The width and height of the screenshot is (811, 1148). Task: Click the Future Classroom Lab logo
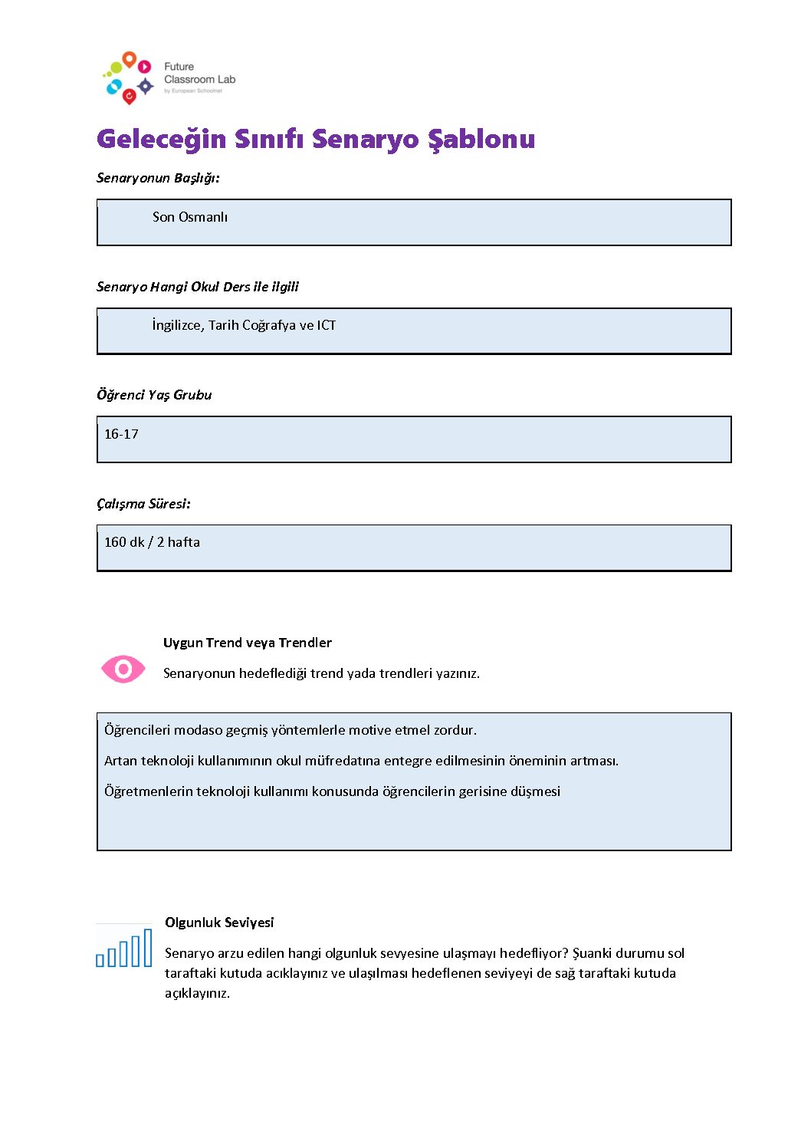point(168,77)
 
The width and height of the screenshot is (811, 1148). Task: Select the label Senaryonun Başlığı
point(158,178)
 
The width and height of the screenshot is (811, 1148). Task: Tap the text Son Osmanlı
point(190,217)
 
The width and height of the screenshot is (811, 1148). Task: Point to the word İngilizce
point(177,325)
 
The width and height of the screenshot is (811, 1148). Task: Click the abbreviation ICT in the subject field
point(327,325)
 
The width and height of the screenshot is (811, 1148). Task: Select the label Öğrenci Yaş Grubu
point(154,395)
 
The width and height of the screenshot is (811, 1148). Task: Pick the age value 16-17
point(121,434)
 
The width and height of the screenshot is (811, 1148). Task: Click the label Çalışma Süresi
point(143,504)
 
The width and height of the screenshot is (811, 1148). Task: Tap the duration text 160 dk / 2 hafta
point(152,542)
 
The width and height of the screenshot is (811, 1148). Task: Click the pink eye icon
point(123,669)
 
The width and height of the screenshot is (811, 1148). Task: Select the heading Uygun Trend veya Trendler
point(247,643)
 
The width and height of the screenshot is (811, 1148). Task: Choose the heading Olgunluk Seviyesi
point(219,923)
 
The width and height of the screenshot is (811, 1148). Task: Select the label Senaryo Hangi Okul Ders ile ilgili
point(198,287)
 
